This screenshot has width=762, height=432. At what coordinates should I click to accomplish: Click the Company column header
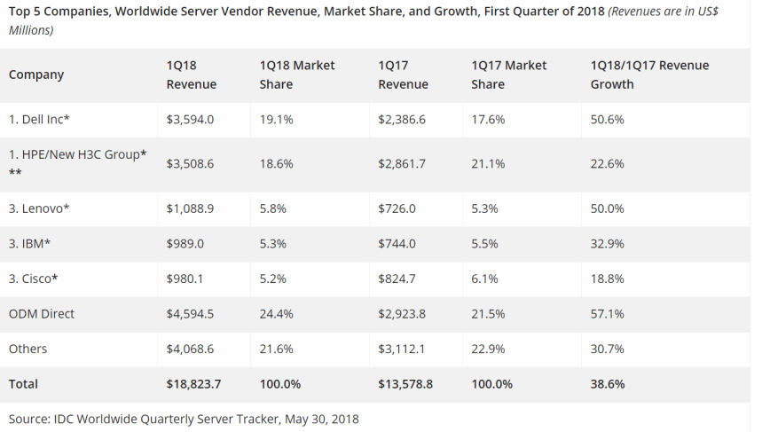[36, 75]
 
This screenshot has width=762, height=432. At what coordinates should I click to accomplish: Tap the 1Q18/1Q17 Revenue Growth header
[649, 75]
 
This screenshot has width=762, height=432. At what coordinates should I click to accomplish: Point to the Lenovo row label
[39, 208]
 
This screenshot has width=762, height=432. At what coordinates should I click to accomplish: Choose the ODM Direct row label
[42, 314]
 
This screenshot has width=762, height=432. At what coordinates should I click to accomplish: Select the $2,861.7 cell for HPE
[403, 164]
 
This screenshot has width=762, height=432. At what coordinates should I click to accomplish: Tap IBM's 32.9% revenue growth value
[608, 244]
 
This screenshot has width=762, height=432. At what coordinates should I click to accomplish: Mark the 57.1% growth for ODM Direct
[608, 314]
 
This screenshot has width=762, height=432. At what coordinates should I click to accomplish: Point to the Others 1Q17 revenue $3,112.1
[402, 350]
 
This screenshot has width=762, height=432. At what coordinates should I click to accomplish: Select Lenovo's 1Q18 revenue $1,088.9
[190, 208]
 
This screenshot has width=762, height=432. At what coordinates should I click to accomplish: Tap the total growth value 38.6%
[609, 384]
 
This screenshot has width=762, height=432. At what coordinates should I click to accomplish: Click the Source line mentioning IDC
[184, 418]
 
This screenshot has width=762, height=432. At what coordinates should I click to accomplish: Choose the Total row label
[24, 384]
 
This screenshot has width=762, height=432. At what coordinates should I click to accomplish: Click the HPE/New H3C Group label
[77, 155]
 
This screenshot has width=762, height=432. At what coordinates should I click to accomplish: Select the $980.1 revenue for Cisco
[185, 279]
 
